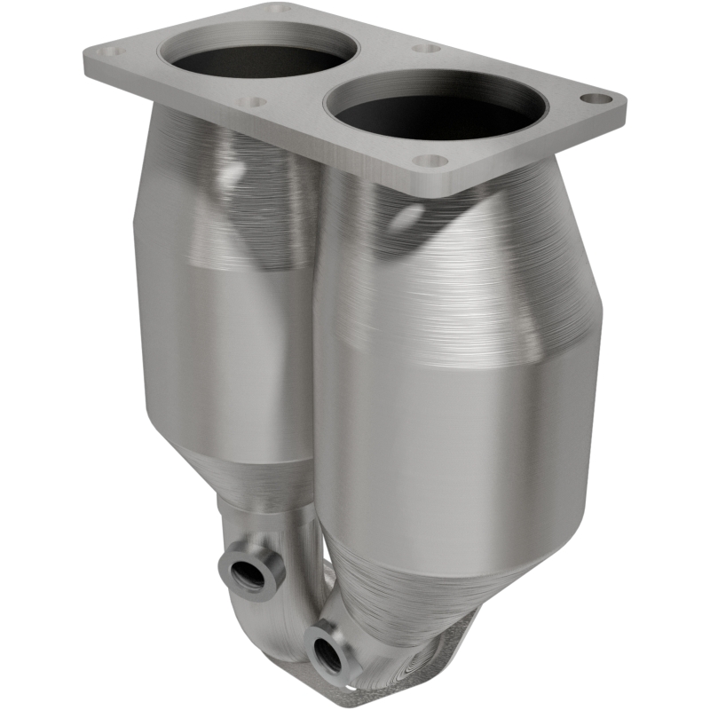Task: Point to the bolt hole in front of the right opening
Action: (x=430, y=162)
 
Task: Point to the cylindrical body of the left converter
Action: (x=222, y=355)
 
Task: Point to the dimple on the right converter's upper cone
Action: (x=409, y=216)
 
